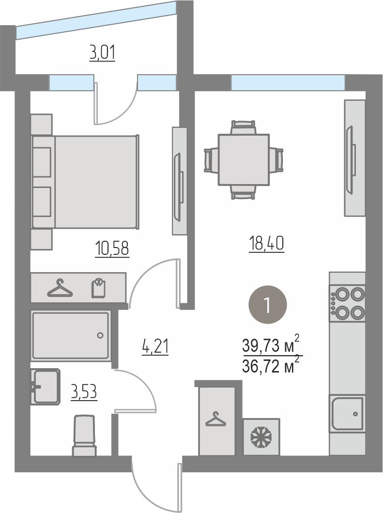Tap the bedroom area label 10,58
point(112,248)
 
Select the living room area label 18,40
point(267,243)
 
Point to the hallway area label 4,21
point(155,346)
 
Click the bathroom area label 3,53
point(84,392)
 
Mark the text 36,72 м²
point(271,365)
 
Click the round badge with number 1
point(268,305)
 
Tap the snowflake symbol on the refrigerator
point(261,437)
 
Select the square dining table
point(244,160)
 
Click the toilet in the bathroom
point(84,435)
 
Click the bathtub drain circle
point(100,335)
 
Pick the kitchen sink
point(347,414)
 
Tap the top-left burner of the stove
point(342,294)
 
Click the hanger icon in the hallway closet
point(215,420)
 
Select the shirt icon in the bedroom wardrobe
point(98,288)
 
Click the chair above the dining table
point(243,127)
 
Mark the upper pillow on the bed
point(41,162)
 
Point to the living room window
point(288,82)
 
